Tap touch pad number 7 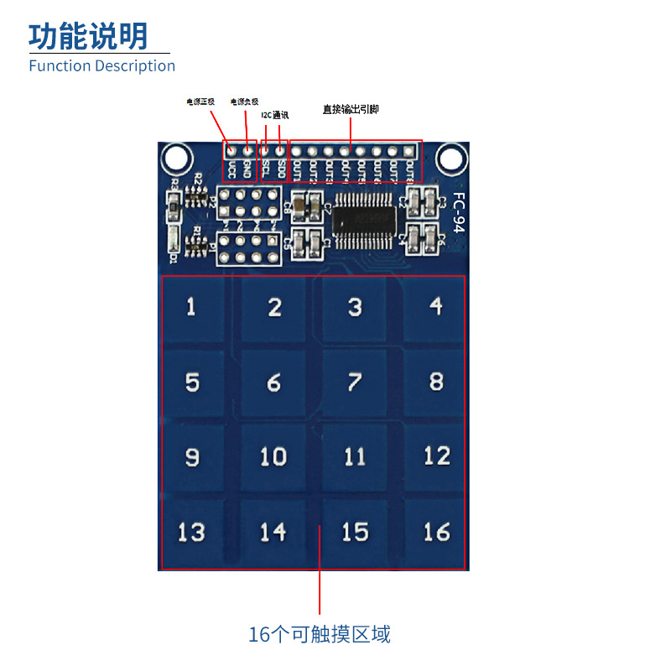354,382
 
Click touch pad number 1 192,307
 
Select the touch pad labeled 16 435,532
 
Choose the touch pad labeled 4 435,307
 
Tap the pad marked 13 192,532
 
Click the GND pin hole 247,153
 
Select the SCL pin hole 265,153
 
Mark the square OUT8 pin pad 408,152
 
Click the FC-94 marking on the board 459,214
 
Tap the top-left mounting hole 176,157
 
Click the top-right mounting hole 450,157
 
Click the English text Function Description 101,66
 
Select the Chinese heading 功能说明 88,36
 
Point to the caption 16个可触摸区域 320,634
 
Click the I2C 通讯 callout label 275,115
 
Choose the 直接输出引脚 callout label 351,109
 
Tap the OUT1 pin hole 297,153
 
